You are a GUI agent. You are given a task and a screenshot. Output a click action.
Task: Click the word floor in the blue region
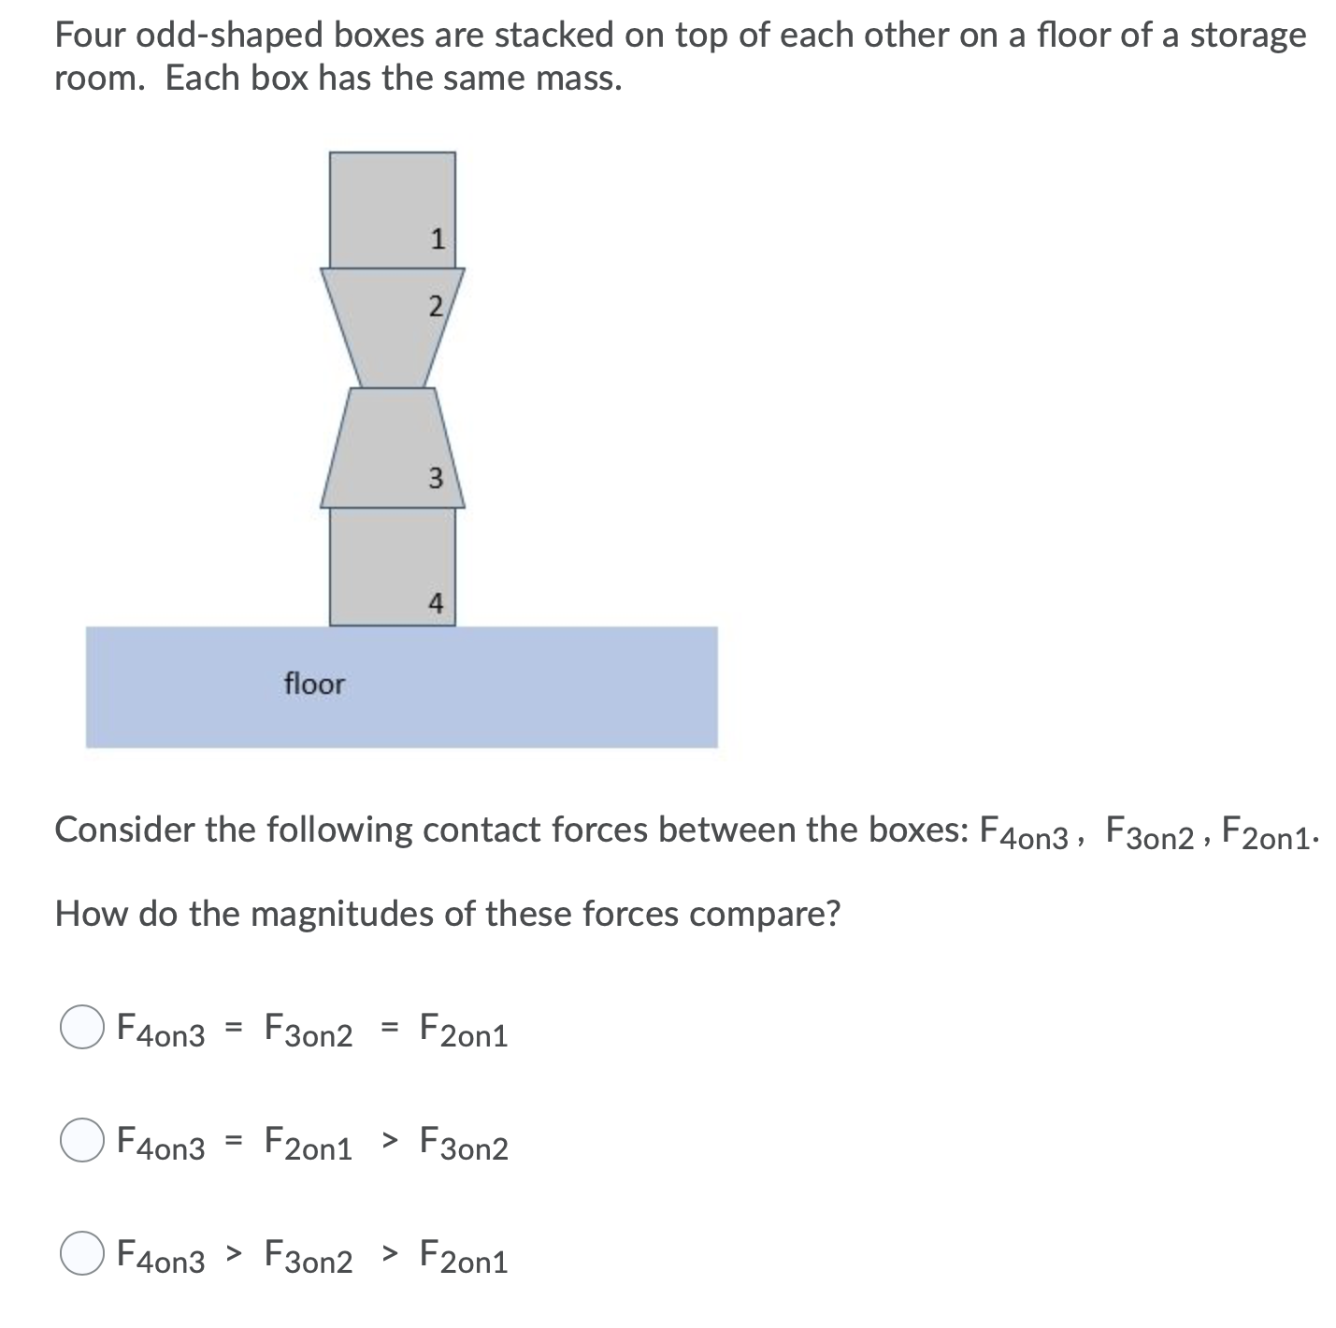[x=314, y=685]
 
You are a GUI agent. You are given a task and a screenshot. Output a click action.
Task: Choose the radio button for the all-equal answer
[x=81, y=1029]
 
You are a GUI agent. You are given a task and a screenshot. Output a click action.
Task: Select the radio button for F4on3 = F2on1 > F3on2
[x=81, y=1142]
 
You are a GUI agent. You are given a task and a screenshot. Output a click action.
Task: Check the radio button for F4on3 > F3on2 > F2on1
[x=81, y=1256]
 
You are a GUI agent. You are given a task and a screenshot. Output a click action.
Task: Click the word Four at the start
[x=91, y=36]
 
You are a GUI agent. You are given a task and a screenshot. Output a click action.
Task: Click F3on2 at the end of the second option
[x=464, y=1144]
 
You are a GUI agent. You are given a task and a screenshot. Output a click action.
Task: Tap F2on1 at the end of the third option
[x=464, y=1258]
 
